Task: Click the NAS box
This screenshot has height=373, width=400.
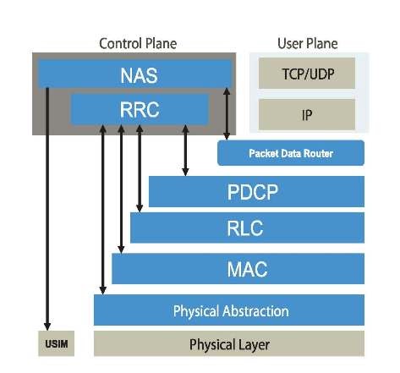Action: (135, 74)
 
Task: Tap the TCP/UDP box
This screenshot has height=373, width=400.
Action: (308, 74)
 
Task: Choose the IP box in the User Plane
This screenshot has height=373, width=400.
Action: (308, 113)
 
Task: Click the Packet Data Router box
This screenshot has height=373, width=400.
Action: (291, 153)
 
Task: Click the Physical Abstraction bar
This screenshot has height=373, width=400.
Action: (229, 310)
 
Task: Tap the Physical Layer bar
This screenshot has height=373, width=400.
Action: (229, 344)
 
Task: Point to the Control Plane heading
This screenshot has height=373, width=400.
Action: (138, 43)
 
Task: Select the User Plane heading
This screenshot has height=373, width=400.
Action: (308, 43)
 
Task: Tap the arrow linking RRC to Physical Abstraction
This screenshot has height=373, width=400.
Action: (103, 211)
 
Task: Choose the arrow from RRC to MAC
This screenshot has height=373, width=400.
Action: (122, 190)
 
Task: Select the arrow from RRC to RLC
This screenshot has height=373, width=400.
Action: (140, 169)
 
